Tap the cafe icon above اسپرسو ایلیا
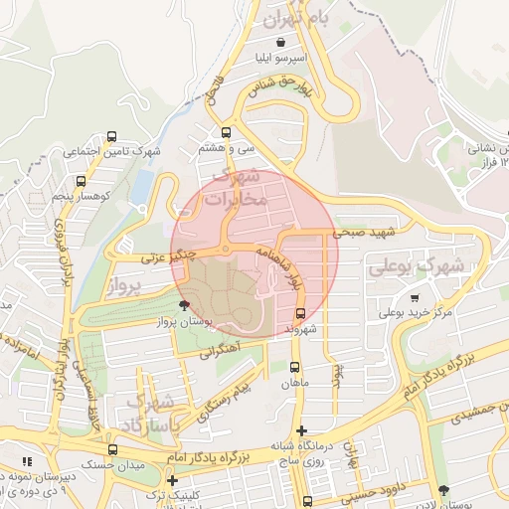pos(282,43)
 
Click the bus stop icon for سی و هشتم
pos(227,132)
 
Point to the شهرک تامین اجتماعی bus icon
pos(110,137)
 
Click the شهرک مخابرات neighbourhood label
pos(237,188)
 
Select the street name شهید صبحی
pos(364,233)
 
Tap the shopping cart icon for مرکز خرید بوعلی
pos(414,297)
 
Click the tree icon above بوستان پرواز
pos(183,305)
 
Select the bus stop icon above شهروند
pos(300,312)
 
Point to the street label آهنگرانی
pos(220,351)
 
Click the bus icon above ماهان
pos(295,366)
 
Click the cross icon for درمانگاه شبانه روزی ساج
pos(302,430)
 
